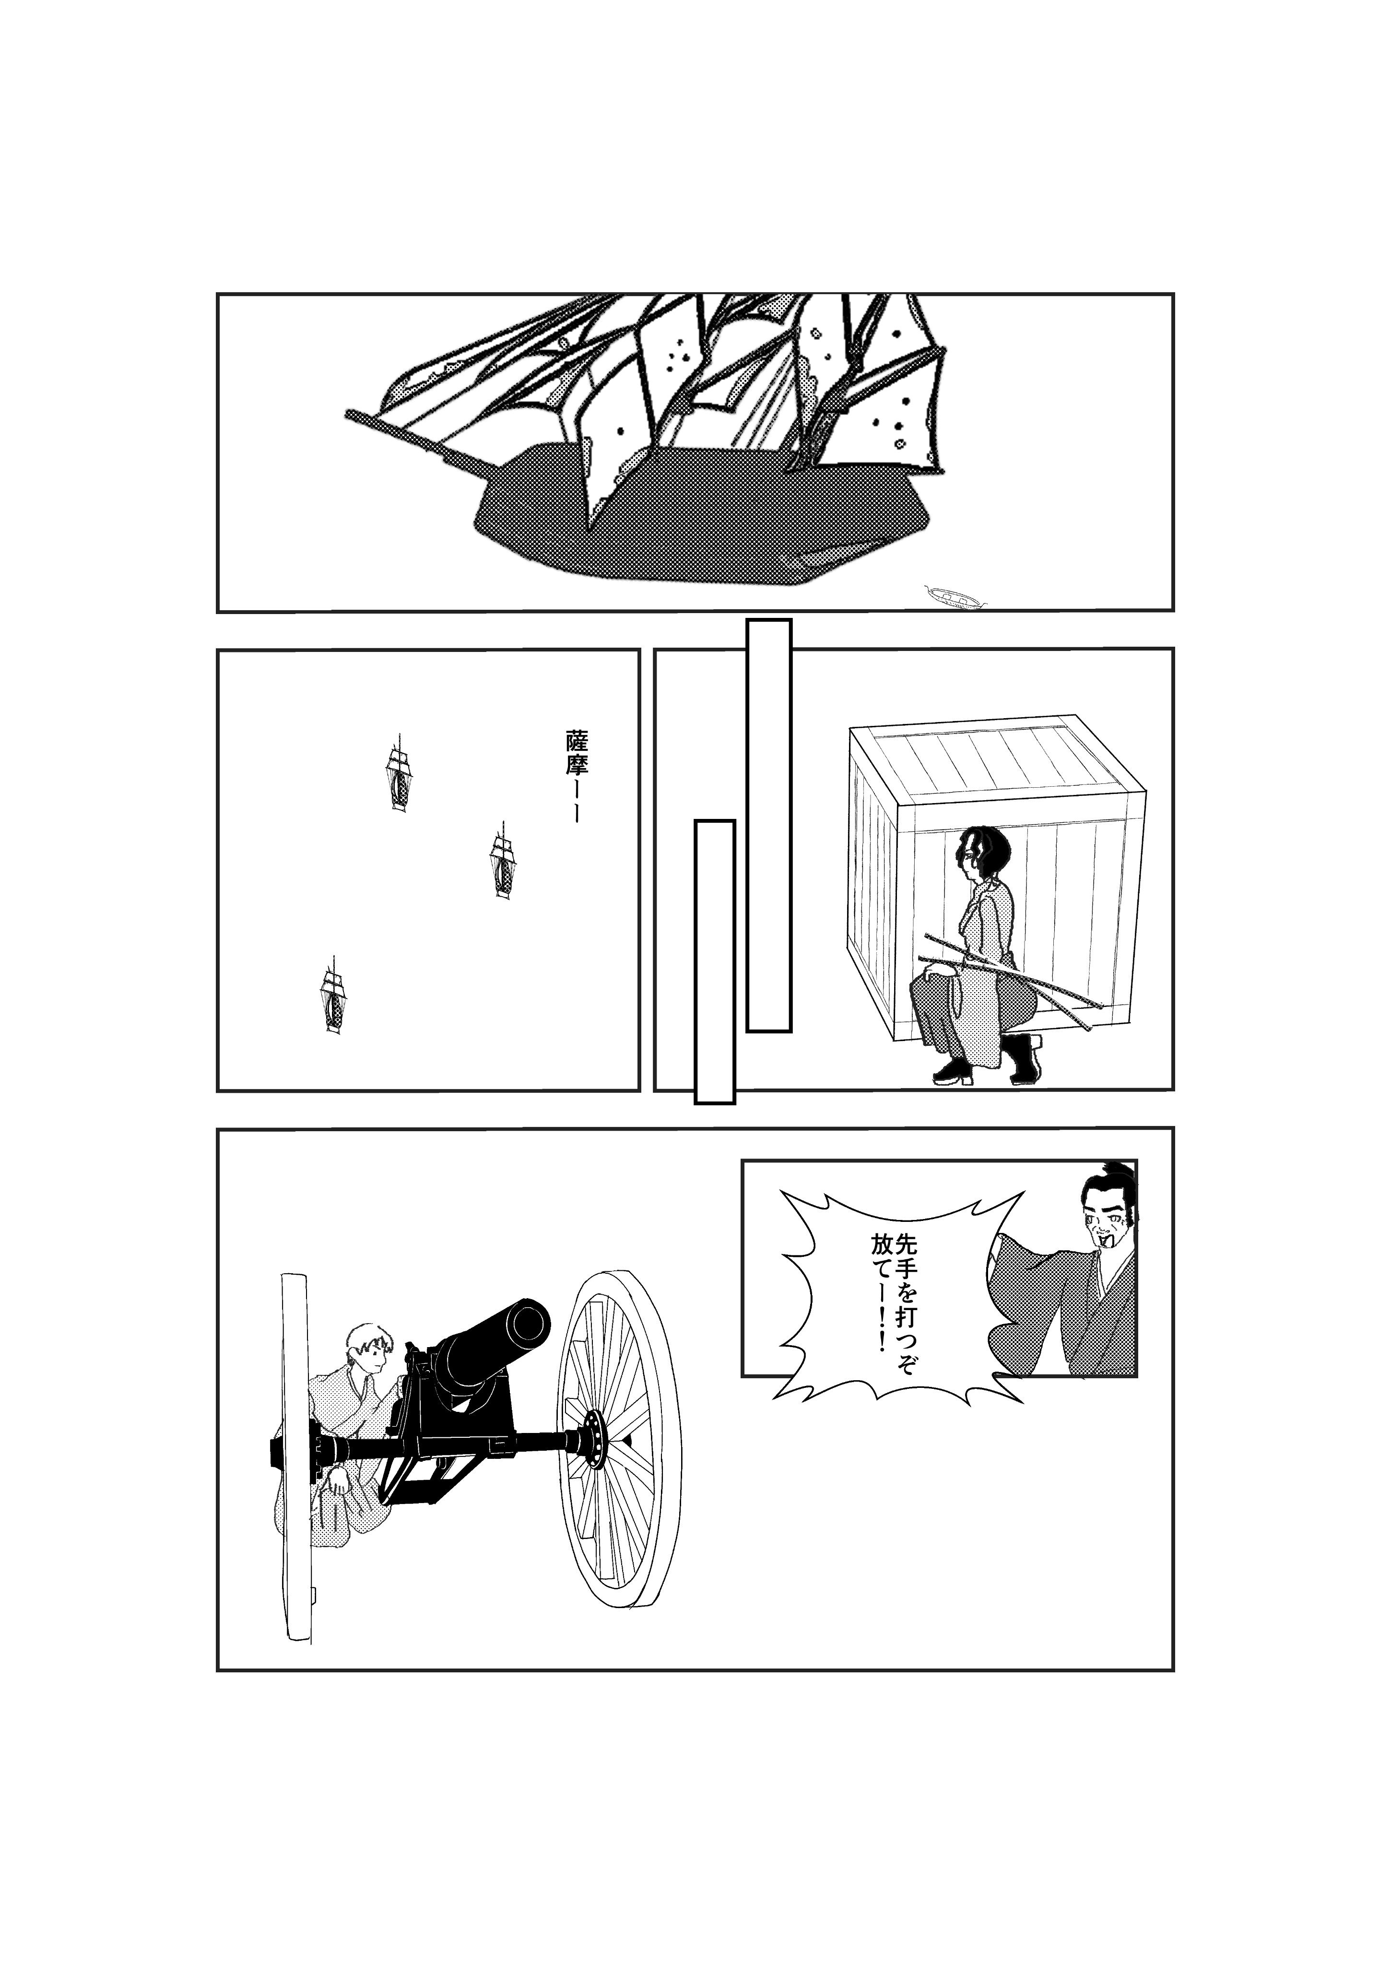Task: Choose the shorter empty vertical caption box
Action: tap(714, 961)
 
